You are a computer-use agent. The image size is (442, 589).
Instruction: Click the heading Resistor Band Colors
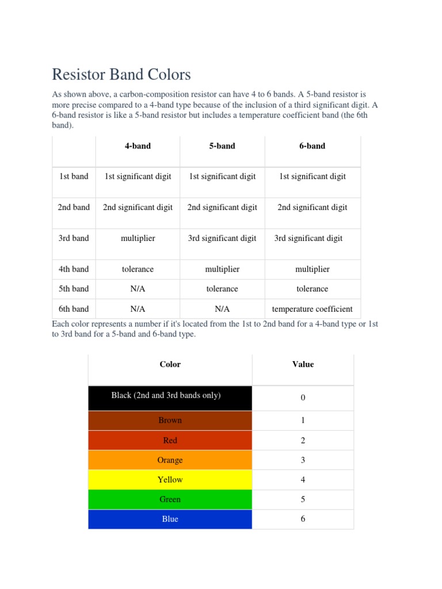click(121, 75)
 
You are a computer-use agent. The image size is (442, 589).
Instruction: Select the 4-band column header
click(138, 146)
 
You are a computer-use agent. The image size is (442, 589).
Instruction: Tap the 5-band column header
click(222, 146)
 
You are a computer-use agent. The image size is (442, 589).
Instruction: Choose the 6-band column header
click(312, 146)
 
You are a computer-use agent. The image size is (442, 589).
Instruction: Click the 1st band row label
click(74, 177)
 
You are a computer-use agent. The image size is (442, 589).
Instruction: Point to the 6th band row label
click(74, 309)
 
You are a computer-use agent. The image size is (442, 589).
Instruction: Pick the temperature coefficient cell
click(312, 309)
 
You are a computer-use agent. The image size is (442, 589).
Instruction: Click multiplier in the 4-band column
click(138, 238)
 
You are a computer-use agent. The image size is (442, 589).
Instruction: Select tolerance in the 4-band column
click(138, 269)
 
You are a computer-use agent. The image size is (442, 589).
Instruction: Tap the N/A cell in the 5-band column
click(222, 309)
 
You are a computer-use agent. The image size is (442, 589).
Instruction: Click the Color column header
click(170, 364)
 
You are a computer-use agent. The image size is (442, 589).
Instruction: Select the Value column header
click(303, 364)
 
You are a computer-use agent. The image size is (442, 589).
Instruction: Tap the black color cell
click(170, 397)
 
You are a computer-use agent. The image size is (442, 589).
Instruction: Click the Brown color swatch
click(170, 420)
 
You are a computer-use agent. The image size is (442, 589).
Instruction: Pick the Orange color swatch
click(170, 460)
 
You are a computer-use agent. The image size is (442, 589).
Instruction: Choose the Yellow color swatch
click(170, 480)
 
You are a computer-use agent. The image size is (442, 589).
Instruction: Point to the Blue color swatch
click(170, 519)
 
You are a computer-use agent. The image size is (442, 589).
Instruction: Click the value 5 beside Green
click(303, 499)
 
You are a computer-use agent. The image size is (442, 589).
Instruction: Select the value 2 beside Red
click(303, 441)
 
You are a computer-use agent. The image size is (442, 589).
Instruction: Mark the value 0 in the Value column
click(303, 398)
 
